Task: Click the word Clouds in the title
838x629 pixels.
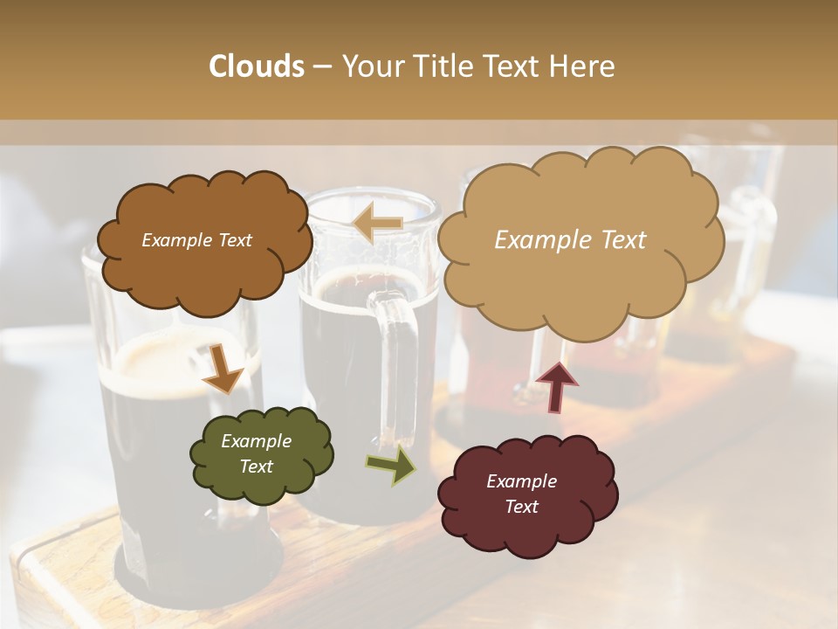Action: (257, 66)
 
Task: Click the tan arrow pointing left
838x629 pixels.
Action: (377, 224)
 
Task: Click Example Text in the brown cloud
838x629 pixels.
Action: (196, 240)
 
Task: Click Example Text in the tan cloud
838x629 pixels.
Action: (570, 240)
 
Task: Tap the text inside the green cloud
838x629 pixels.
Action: (256, 453)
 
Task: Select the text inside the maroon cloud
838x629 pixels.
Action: (521, 494)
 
